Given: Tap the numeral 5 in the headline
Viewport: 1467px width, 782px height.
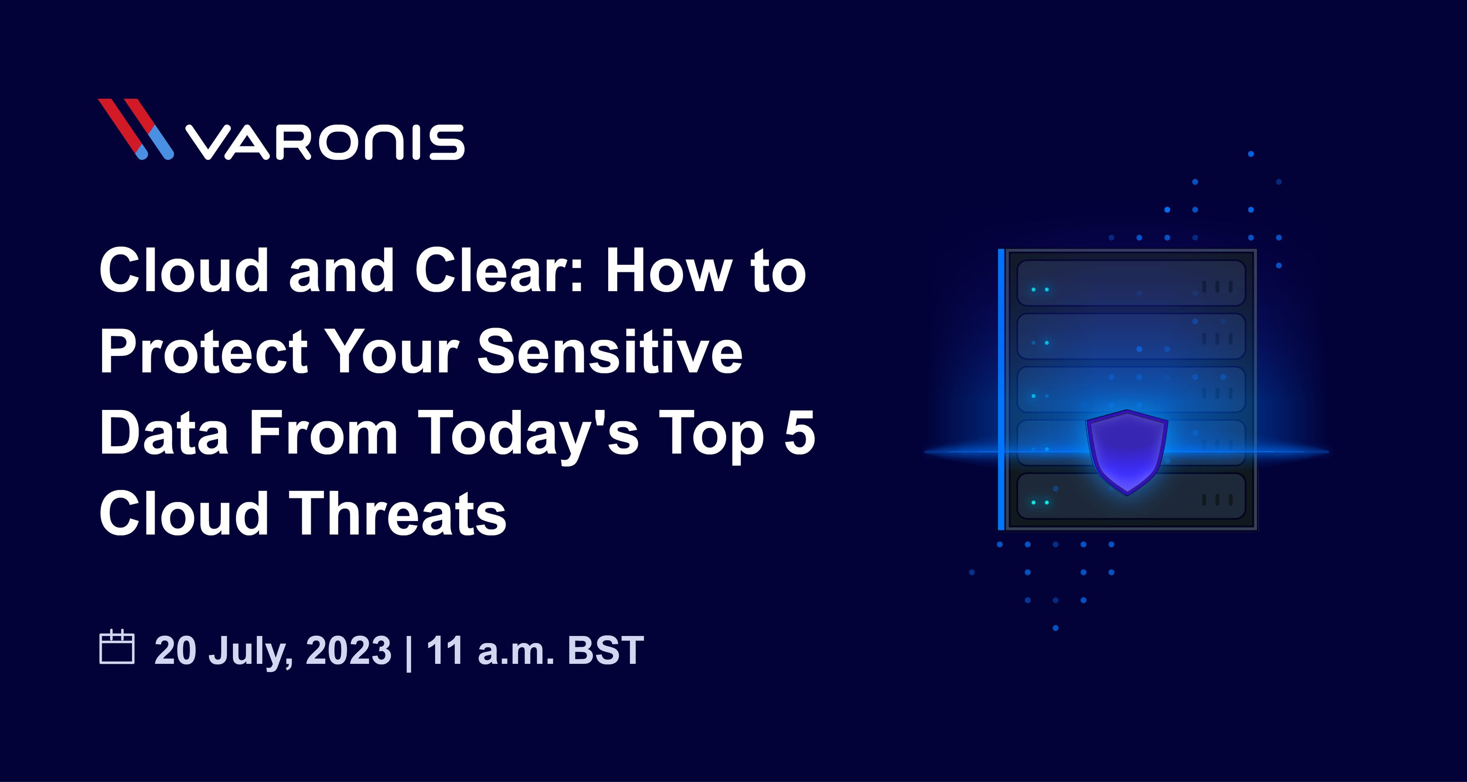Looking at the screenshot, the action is [x=800, y=433].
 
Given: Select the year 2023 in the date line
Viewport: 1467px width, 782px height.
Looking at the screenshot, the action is [x=349, y=650].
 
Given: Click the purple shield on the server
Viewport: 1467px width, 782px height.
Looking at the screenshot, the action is [x=1127, y=452].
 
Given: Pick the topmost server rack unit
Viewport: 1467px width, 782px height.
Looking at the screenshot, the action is [x=1131, y=283].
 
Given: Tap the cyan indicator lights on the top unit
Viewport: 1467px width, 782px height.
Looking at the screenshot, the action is [x=1040, y=290].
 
